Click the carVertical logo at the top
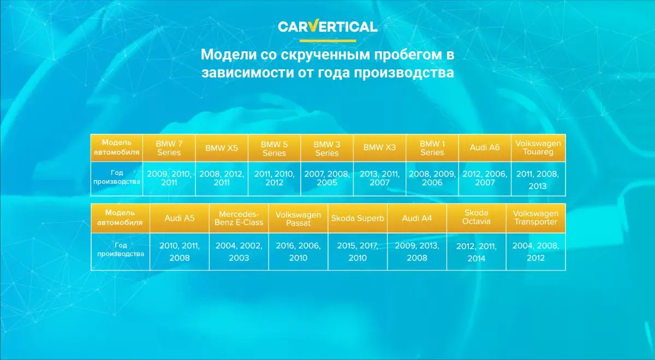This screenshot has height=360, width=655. pyautogui.click(x=327, y=26)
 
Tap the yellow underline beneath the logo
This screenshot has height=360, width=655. pyautogui.click(x=328, y=40)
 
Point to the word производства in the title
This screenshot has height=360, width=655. pyautogui.click(x=404, y=73)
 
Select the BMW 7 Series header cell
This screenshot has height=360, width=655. pyautogui.click(x=169, y=148)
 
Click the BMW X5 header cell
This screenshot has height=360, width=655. pyautogui.click(x=222, y=148)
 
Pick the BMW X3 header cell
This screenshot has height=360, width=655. pyautogui.click(x=379, y=148)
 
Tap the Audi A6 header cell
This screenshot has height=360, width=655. pyautogui.click(x=485, y=148)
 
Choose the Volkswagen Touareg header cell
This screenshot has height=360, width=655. pyautogui.click(x=538, y=148)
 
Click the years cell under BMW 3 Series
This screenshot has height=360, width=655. pyautogui.click(x=327, y=178)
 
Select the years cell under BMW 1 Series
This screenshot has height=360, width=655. pyautogui.click(x=432, y=178)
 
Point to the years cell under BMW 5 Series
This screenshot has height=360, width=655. pyautogui.click(x=274, y=178)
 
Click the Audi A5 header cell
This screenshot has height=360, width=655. pyautogui.click(x=180, y=218)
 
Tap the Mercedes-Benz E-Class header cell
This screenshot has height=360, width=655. pyautogui.click(x=239, y=218)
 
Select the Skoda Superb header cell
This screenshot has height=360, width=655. pyautogui.click(x=358, y=218)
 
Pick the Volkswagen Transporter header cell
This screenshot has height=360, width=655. pyautogui.click(x=535, y=218)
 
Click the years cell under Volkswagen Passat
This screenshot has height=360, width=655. pyautogui.click(x=298, y=251)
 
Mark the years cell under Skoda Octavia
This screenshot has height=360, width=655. pyautogui.click(x=477, y=251)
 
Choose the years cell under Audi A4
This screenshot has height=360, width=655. pyautogui.click(x=417, y=251)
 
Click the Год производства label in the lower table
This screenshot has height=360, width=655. pyautogui.click(x=121, y=250)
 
